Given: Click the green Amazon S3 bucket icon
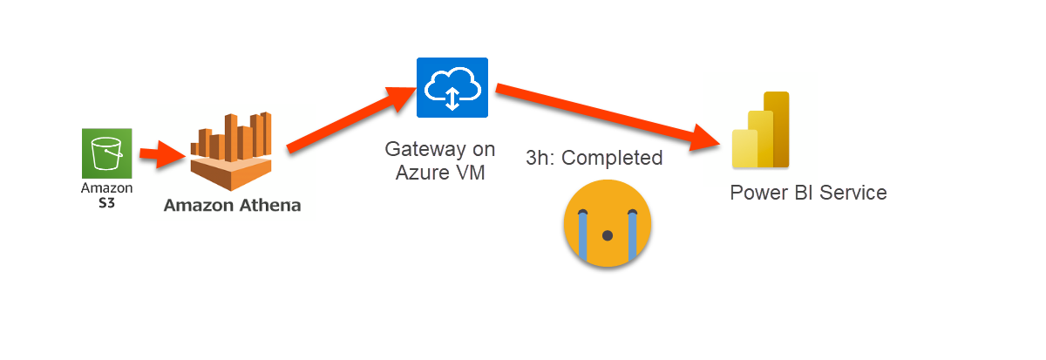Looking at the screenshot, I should [x=107, y=154].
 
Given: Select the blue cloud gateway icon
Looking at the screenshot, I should [x=452, y=87].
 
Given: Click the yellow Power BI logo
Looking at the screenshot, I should [x=760, y=131].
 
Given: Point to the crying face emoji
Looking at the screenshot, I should [x=608, y=223].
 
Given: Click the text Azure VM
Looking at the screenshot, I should [x=440, y=172].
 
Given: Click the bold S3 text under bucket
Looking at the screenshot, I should [x=107, y=202].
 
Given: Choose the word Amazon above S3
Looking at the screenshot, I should [x=107, y=188].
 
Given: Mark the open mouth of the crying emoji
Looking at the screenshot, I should [x=608, y=235].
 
